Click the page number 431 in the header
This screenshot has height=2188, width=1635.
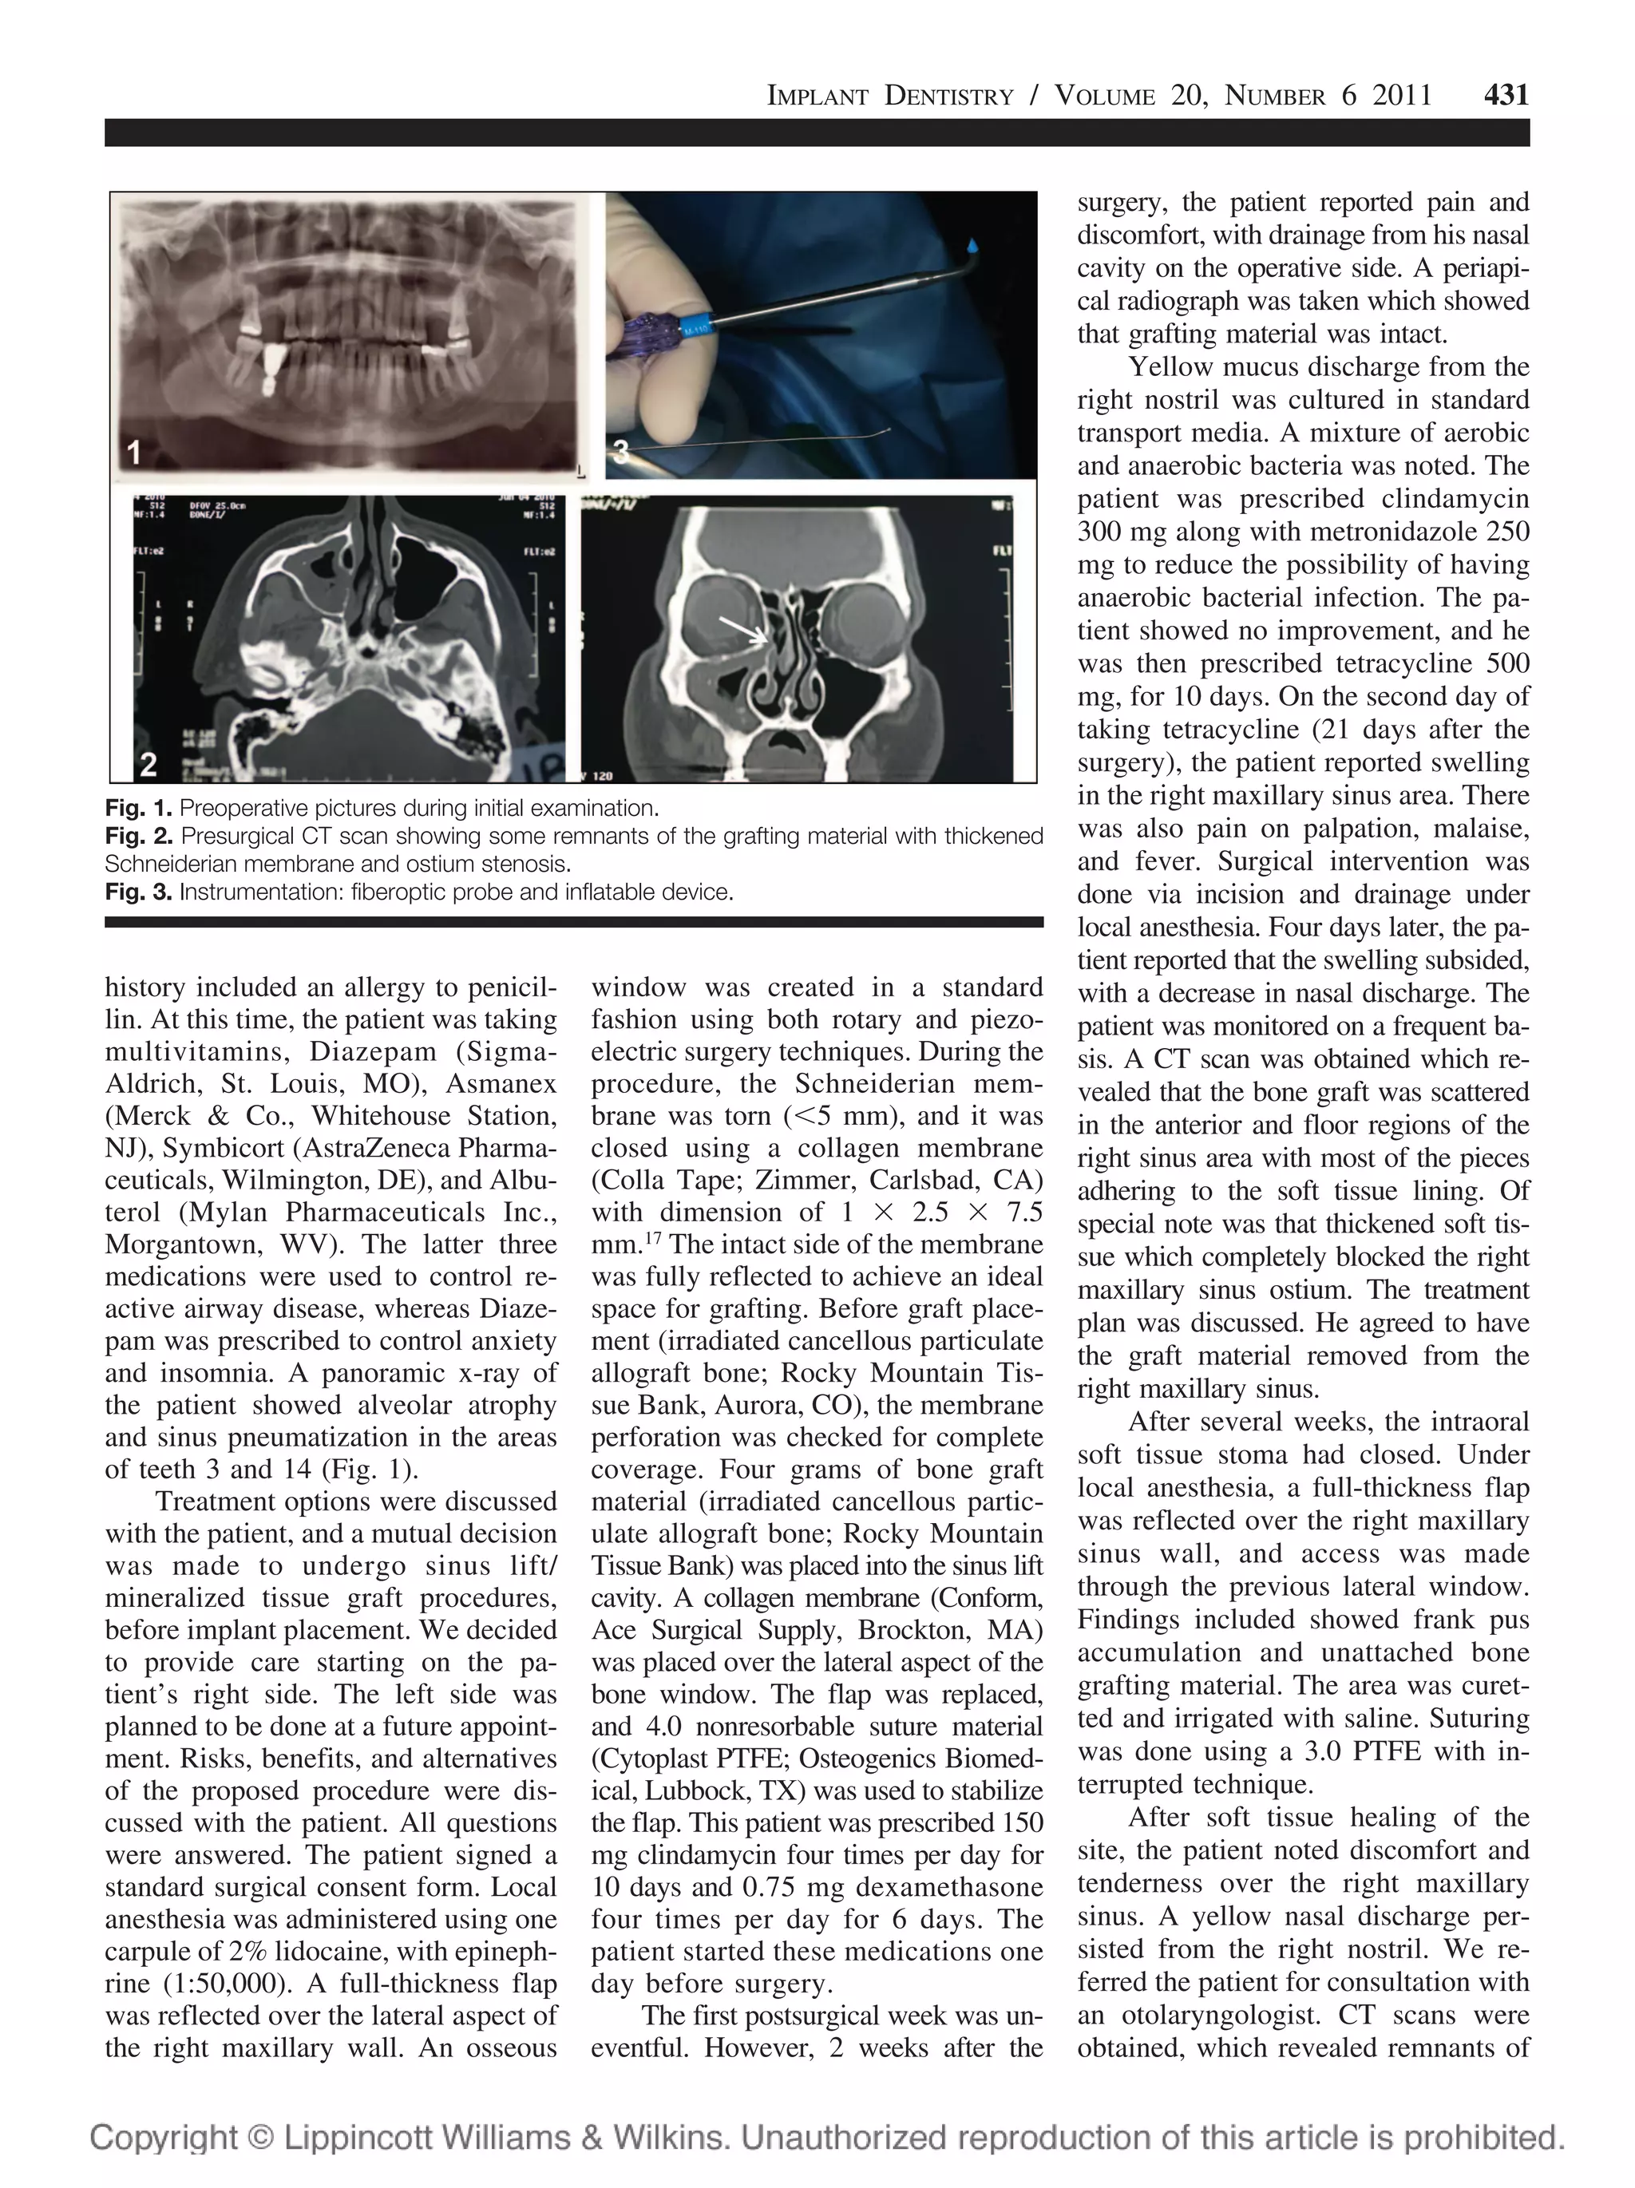tap(1506, 95)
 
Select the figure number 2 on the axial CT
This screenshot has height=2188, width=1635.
tap(148, 764)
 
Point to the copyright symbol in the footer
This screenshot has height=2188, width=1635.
tap(257, 2138)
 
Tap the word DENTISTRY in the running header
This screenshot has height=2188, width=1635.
tap(948, 96)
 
